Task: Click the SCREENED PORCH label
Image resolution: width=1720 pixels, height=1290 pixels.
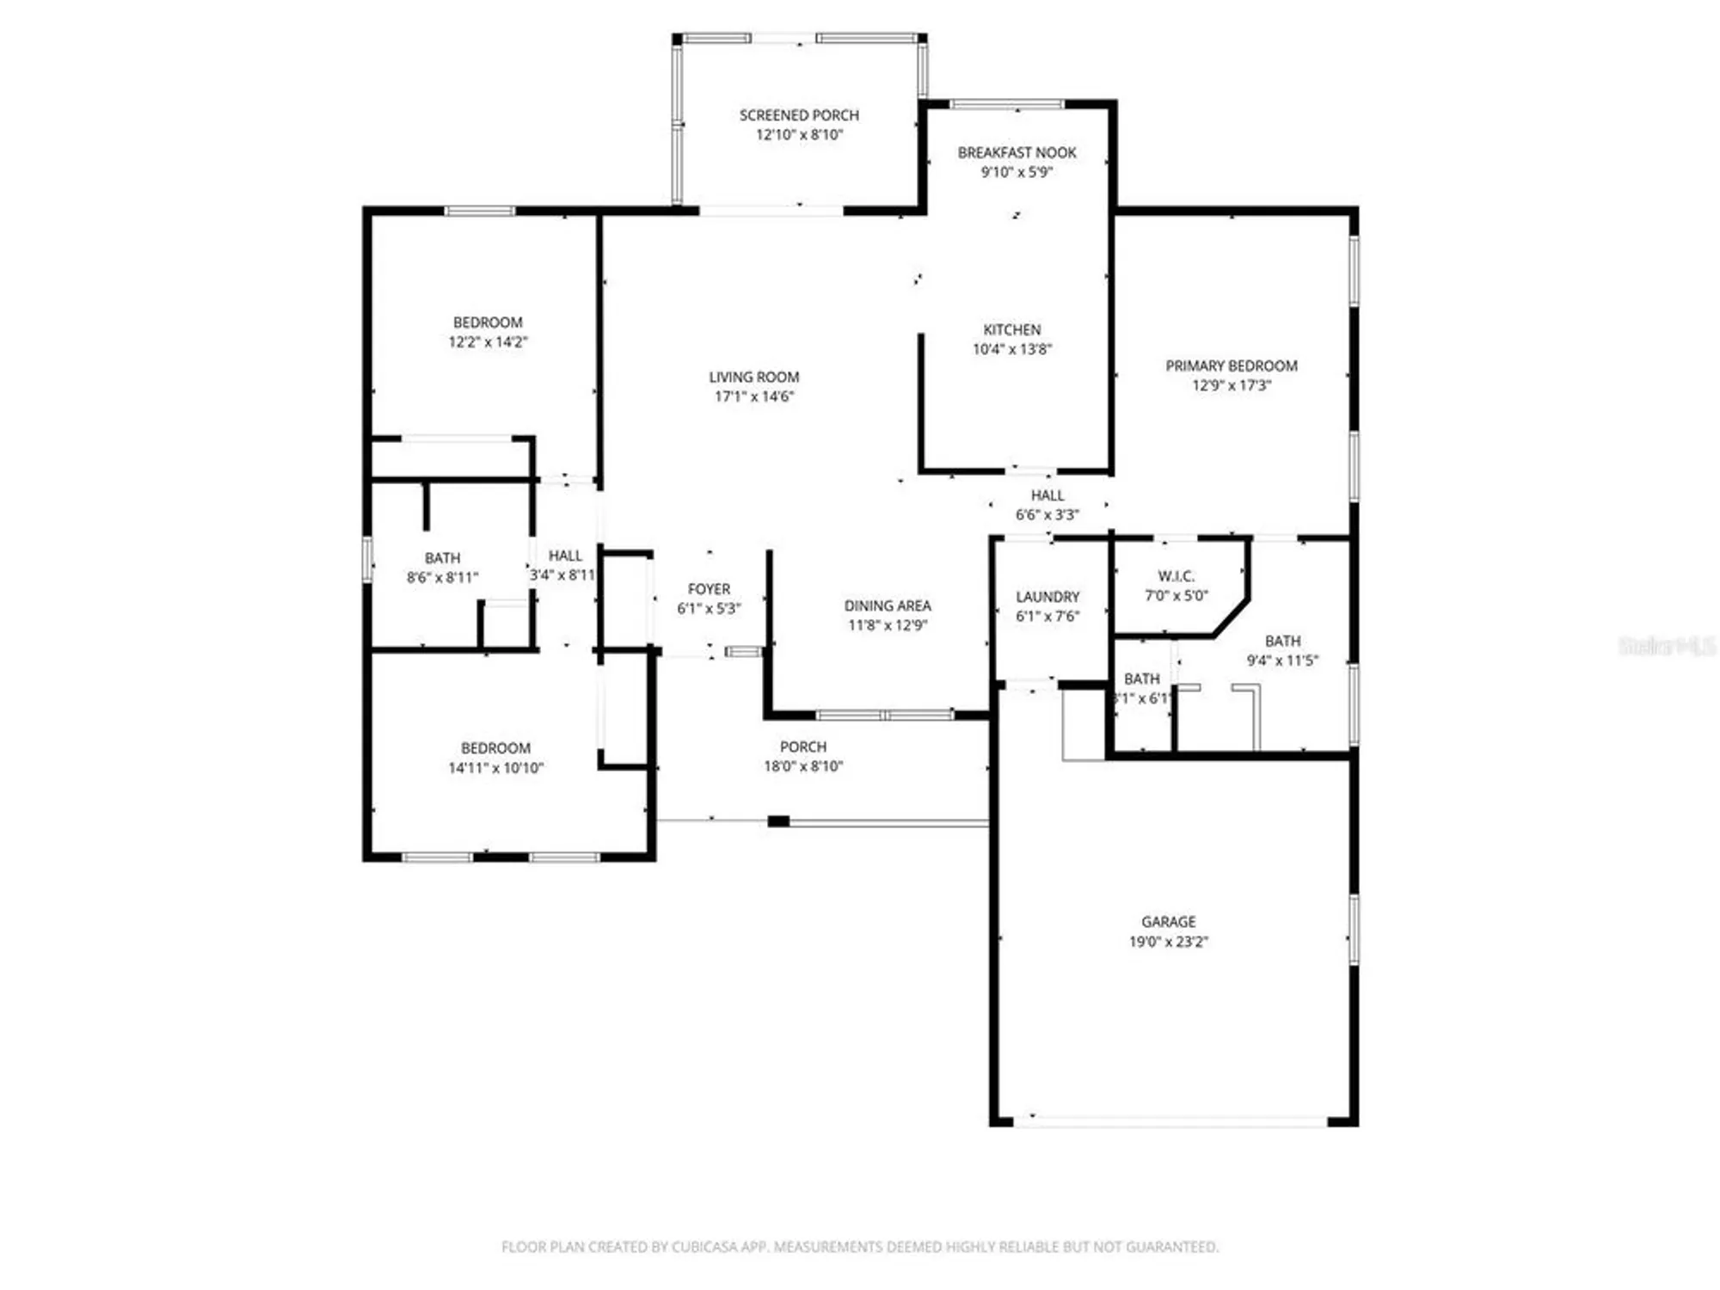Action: (x=799, y=115)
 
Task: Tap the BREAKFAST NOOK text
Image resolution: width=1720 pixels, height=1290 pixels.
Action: (x=1017, y=153)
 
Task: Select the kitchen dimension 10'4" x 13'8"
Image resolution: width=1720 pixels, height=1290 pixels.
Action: (x=1011, y=349)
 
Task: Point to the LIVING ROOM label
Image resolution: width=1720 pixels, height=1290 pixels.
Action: (x=754, y=378)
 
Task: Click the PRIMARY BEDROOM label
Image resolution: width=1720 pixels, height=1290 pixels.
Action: (x=1231, y=366)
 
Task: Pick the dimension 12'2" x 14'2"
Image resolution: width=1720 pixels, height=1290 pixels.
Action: (x=488, y=342)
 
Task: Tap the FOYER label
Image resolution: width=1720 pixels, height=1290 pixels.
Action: (x=709, y=589)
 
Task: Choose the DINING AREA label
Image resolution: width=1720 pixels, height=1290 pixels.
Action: (x=887, y=605)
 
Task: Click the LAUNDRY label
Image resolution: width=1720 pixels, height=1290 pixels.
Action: (x=1047, y=597)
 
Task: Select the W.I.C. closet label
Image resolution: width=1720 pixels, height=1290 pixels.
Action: (x=1176, y=576)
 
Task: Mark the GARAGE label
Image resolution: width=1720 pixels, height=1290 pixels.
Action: (x=1168, y=921)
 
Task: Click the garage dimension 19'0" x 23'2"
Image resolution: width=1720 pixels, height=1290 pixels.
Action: (x=1168, y=942)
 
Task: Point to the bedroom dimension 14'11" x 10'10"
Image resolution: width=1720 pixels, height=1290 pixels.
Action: (x=495, y=768)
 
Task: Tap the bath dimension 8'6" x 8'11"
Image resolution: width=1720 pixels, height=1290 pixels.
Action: (x=442, y=578)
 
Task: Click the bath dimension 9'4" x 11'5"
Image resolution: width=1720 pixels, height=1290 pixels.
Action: (x=1282, y=660)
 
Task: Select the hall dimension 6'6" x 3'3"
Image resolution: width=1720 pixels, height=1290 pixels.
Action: (x=1047, y=515)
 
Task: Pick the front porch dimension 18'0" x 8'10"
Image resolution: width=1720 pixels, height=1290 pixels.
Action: (x=803, y=766)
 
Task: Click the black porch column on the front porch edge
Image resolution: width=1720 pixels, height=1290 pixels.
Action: (x=778, y=821)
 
